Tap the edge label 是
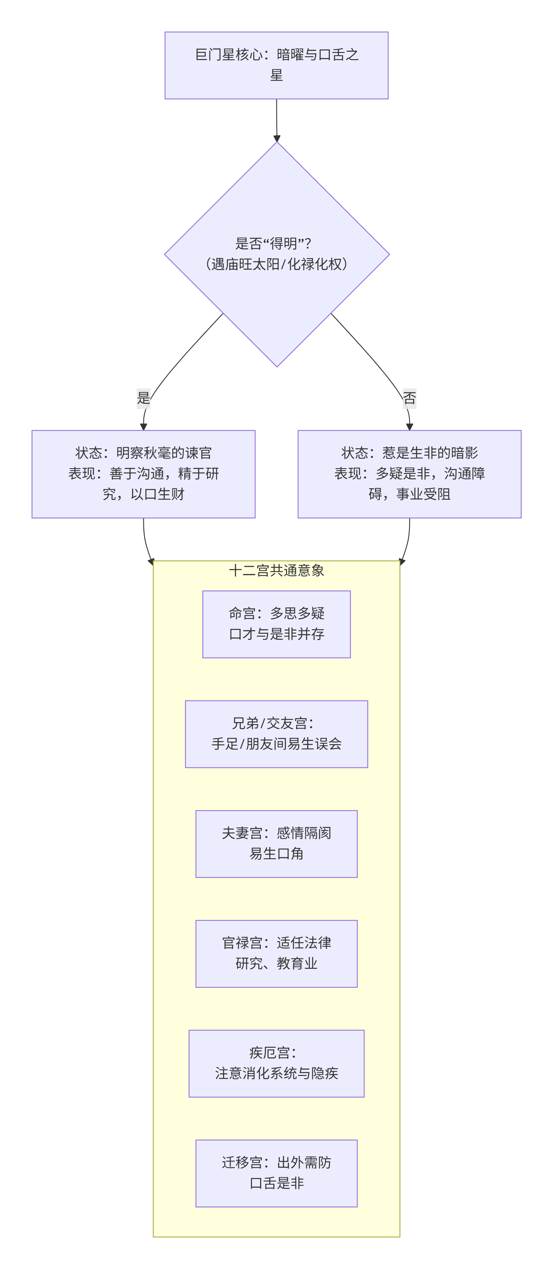pos(143,398)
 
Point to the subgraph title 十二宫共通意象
pos(276,571)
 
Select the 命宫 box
pos(276,624)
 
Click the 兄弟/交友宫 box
pos(276,734)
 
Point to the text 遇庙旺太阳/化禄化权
pos(276,265)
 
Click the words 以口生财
pos(157,494)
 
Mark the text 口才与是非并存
pos(276,634)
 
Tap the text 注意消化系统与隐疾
pos(276,1073)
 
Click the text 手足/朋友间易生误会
pos(276,744)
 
